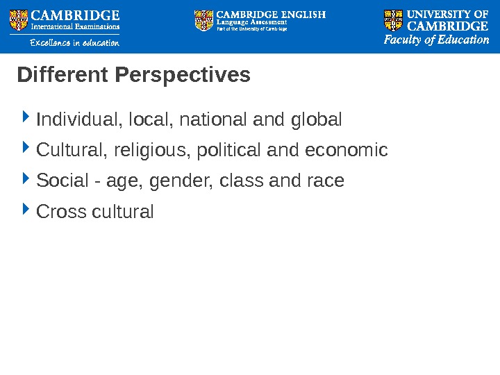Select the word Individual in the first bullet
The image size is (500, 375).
click(76, 120)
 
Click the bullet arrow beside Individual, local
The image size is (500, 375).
click(26, 118)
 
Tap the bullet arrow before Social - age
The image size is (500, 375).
click(26, 179)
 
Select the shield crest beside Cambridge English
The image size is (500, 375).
click(204, 20)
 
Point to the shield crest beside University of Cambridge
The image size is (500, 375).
click(393, 20)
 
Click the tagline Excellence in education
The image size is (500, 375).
click(74, 43)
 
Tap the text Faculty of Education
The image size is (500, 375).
click(437, 40)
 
